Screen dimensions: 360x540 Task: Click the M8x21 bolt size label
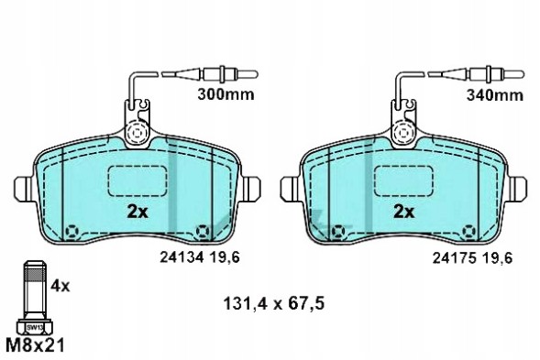tap(37, 345)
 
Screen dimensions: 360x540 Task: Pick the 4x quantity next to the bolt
tap(60, 285)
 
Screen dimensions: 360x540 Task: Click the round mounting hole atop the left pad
tap(138, 134)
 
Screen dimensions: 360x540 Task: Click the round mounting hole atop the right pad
tap(404, 134)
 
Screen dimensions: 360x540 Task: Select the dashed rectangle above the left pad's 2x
tap(137, 180)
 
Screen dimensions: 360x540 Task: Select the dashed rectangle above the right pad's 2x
tap(404, 180)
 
